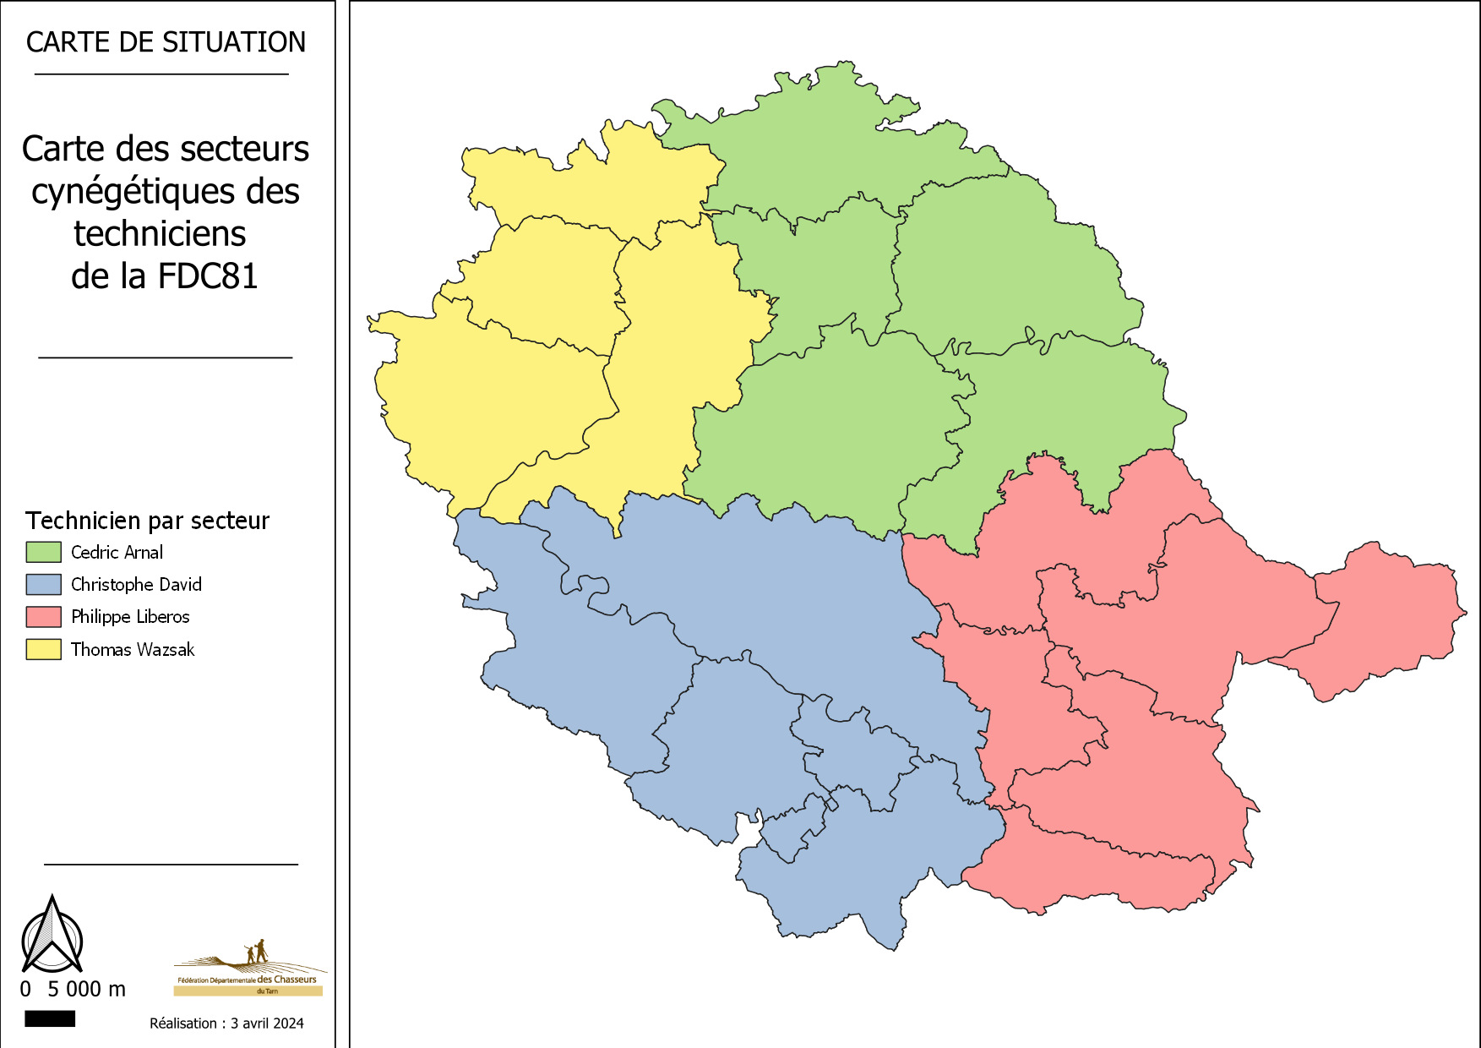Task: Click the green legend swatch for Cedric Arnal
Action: click(x=43, y=552)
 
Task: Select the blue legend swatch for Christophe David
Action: click(x=43, y=584)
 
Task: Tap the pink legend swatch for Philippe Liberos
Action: click(x=43, y=617)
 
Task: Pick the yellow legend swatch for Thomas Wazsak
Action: click(x=43, y=649)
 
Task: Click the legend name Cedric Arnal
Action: click(x=117, y=553)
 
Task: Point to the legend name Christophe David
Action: click(x=136, y=585)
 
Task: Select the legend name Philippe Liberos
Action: click(x=130, y=617)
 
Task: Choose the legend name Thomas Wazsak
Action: click(x=133, y=650)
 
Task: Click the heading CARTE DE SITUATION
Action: click(x=166, y=42)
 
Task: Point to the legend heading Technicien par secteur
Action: click(x=147, y=521)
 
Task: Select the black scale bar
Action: click(x=50, y=1019)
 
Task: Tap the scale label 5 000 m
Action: click(x=86, y=989)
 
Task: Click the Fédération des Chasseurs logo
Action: click(x=249, y=969)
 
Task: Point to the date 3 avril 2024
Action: click(x=267, y=1023)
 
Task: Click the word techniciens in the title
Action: click(x=160, y=234)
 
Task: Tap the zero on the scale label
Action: click(x=25, y=989)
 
